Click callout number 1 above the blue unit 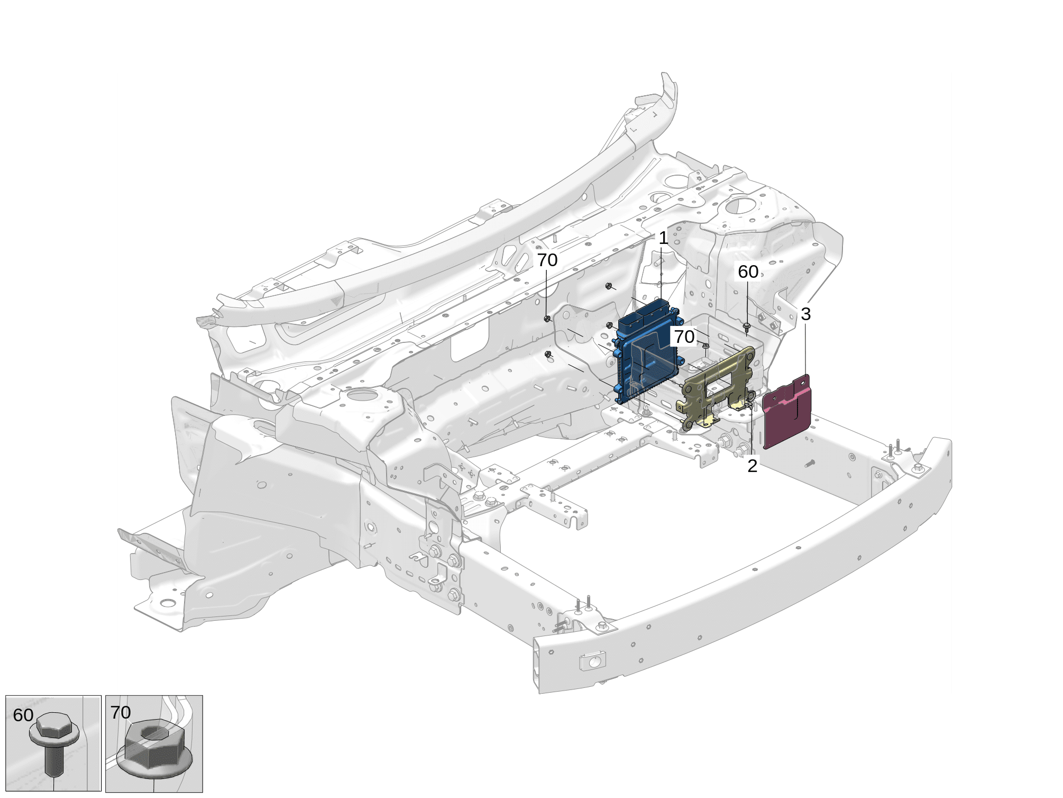tap(663, 238)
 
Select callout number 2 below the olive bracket tap(752, 466)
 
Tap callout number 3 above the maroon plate tap(805, 314)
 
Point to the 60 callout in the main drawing tap(748, 271)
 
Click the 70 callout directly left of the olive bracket tap(684, 336)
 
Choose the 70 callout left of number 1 tap(547, 260)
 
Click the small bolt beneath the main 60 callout tap(747, 327)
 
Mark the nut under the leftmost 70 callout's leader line tap(547, 319)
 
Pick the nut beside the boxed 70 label tap(705, 346)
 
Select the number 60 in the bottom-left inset tap(23, 715)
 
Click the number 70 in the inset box tap(121, 712)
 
